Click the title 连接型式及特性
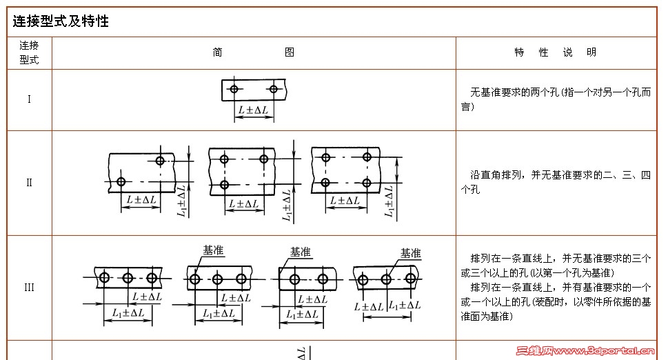[61, 21]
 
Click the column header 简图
[254, 52]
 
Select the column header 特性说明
[555, 52]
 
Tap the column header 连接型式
[29, 52]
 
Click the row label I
[29, 99]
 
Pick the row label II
[29, 183]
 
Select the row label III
[29, 288]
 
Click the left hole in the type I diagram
[234, 89]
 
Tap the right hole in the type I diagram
[274, 89]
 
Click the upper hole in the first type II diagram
[160, 161]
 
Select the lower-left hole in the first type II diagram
[121, 181]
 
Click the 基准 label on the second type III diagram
[214, 251]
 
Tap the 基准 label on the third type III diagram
[301, 252]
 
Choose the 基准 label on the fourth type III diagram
[410, 253]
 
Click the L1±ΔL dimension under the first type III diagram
[128, 313]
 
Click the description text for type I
[555, 99]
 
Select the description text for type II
[555, 183]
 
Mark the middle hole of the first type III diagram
[128, 278]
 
